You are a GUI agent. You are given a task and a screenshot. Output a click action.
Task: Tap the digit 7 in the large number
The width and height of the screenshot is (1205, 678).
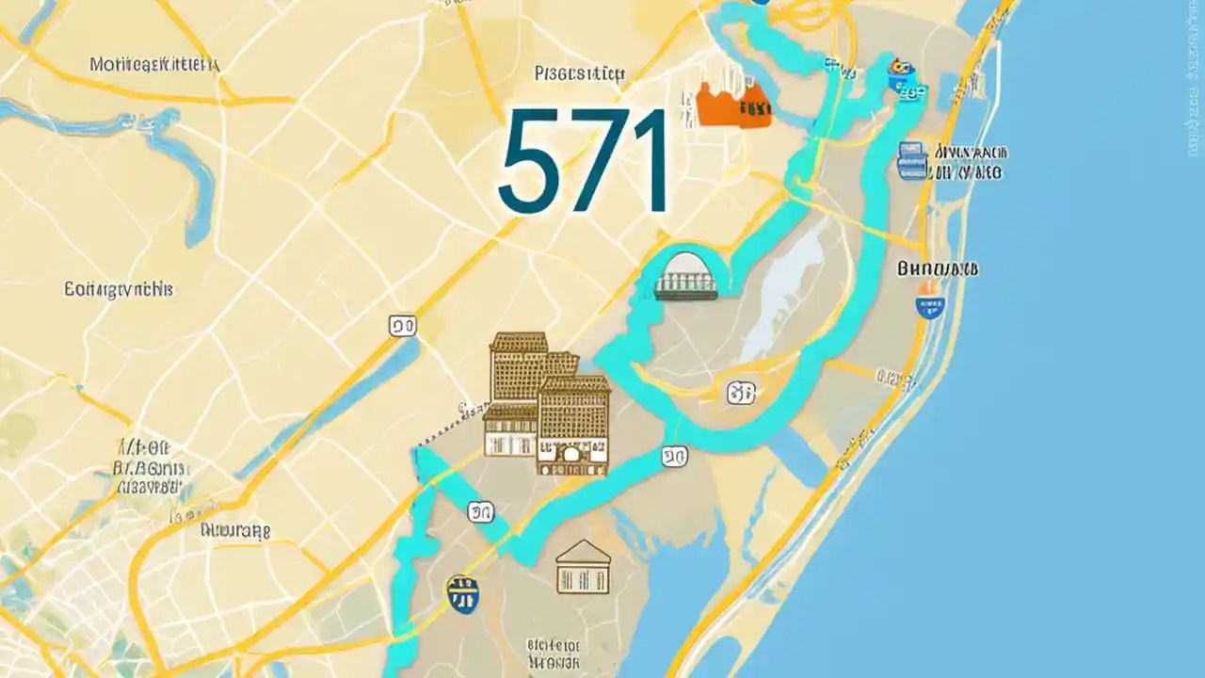599,162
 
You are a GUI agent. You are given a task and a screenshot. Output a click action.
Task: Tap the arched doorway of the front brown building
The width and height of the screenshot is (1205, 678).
572,456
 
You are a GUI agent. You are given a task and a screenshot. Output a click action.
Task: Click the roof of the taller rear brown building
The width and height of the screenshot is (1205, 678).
519,340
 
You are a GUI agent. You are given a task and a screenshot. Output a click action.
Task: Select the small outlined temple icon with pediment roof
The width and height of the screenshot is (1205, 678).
583,567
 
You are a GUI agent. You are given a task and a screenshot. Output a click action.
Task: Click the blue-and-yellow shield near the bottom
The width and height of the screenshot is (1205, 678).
461,593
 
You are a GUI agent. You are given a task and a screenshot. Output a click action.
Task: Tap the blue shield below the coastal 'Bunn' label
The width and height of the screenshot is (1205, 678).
930,305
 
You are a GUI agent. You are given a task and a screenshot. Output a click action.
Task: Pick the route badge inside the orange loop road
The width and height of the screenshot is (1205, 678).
741,394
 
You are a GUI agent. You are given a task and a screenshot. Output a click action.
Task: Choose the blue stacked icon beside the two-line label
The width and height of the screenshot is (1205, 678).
911,161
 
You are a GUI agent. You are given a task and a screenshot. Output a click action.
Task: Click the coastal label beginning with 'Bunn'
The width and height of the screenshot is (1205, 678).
938,268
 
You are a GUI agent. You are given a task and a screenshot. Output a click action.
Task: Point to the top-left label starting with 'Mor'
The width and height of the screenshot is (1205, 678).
154,65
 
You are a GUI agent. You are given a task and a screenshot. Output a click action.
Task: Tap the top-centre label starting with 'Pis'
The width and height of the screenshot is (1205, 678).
579,73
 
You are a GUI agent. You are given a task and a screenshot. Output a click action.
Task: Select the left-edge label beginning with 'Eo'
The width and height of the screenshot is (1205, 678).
118,289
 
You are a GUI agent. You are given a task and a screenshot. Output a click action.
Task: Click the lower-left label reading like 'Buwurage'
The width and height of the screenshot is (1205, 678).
235,530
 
